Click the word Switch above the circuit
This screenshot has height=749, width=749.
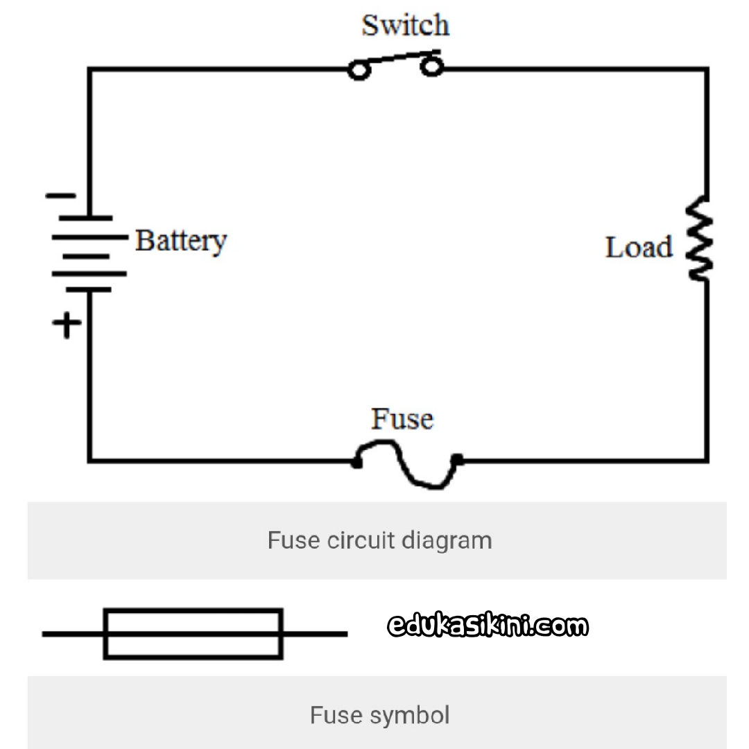click(405, 25)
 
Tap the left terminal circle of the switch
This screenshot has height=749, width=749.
click(359, 70)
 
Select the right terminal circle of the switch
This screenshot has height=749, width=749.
click(432, 67)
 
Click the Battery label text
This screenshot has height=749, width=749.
click(181, 241)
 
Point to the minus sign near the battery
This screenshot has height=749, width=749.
click(60, 196)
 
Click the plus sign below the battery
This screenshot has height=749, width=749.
click(67, 325)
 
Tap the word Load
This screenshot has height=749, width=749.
click(639, 248)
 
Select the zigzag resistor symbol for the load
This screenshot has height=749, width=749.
click(699, 238)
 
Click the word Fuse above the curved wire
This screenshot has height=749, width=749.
click(402, 419)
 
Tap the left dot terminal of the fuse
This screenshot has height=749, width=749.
click(356, 463)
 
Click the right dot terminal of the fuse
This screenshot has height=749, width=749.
click(457, 460)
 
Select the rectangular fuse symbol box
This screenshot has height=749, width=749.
click(193, 635)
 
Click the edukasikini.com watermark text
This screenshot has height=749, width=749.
click(488, 626)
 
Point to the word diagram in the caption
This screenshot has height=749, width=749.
click(447, 541)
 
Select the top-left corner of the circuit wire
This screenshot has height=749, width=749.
click(89, 70)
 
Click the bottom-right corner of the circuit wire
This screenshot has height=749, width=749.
click(707, 461)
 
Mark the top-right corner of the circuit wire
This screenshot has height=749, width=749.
click(707, 70)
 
